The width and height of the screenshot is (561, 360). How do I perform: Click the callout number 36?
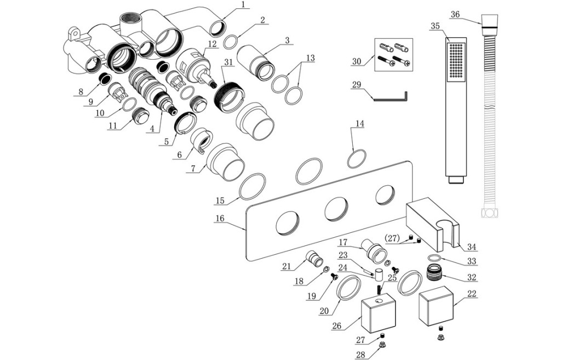tap(455, 14)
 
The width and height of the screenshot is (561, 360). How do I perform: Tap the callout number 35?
tap(436, 26)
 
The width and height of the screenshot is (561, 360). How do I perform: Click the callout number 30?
tap(357, 61)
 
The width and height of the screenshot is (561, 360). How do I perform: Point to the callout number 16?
tap(220, 218)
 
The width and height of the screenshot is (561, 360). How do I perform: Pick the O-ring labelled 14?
tap(357, 159)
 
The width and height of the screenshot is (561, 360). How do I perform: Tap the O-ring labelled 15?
tap(252, 187)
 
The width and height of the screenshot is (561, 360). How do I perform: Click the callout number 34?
tap(472, 248)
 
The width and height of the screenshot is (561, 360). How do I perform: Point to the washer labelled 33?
tap(434, 258)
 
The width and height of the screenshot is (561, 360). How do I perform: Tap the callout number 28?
tap(359, 355)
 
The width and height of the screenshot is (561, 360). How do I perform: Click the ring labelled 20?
tap(349, 288)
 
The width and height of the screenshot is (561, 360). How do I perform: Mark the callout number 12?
tap(212, 43)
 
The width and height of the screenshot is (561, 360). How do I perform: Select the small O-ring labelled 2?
tap(232, 42)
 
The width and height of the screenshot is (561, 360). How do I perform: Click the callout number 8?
tap(81, 93)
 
